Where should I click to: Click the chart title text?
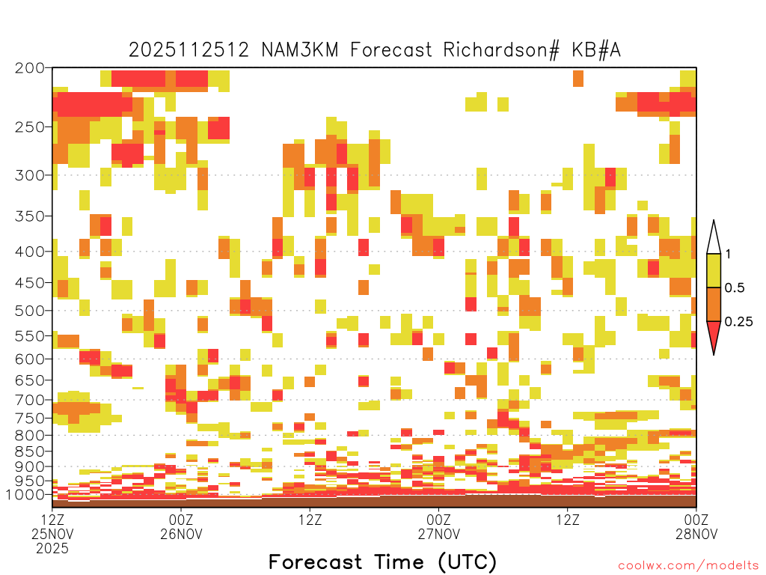coord(375,50)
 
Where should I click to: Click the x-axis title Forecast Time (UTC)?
coord(382,562)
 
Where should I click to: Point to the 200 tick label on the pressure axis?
coord(30,68)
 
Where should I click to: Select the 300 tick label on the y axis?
coord(30,175)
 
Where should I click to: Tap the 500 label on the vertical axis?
coord(30,311)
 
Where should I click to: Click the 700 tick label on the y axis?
coord(30,400)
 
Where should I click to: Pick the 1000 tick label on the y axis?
coord(25,494)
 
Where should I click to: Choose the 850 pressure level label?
coord(30,451)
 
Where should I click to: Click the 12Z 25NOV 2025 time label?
coord(52,534)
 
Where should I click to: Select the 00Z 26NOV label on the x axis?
coord(181,526)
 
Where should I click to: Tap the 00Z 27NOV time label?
coord(438,526)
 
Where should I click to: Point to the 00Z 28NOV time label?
coord(696,526)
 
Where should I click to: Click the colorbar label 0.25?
coord(738,321)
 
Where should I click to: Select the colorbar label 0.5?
coord(735,287)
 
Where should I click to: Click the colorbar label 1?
coord(728,254)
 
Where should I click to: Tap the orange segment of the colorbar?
coord(714,304)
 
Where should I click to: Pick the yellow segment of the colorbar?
coord(714,270)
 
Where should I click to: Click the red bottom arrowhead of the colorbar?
coord(714,335)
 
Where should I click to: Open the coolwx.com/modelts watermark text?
coord(688,566)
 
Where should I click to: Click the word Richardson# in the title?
coord(501,50)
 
